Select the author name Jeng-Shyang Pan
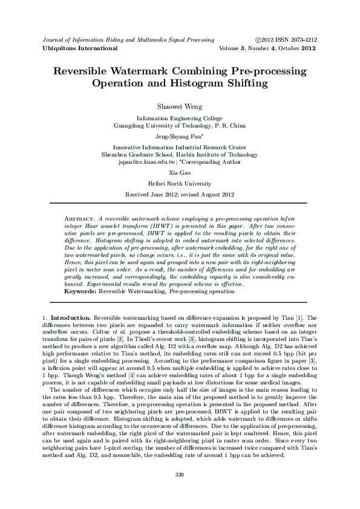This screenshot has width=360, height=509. pos(179,137)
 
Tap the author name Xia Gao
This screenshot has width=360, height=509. pos(180,173)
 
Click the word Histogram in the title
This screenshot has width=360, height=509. pos(200,83)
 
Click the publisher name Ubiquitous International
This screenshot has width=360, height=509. pos(80,48)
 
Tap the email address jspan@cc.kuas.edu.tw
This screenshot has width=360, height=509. pos(147,162)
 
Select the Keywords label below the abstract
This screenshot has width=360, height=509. pos(80,291)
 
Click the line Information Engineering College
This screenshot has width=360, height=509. pos(180,118)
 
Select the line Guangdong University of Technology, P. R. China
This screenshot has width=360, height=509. pos(180,126)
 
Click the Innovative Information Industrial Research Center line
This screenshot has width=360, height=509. pos(180,147)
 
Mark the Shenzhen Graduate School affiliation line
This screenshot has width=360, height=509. pos(180,155)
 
